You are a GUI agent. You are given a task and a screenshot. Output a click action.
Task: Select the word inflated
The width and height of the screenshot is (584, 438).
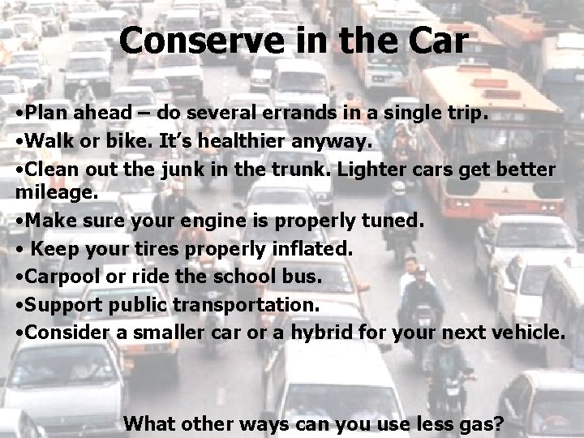[308, 249]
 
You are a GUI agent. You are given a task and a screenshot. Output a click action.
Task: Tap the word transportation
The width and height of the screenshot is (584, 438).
[248, 306]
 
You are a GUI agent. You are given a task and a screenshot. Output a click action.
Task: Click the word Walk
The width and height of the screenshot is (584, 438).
[45, 142]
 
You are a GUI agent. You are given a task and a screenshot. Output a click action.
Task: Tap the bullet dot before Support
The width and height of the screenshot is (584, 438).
[19, 304]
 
